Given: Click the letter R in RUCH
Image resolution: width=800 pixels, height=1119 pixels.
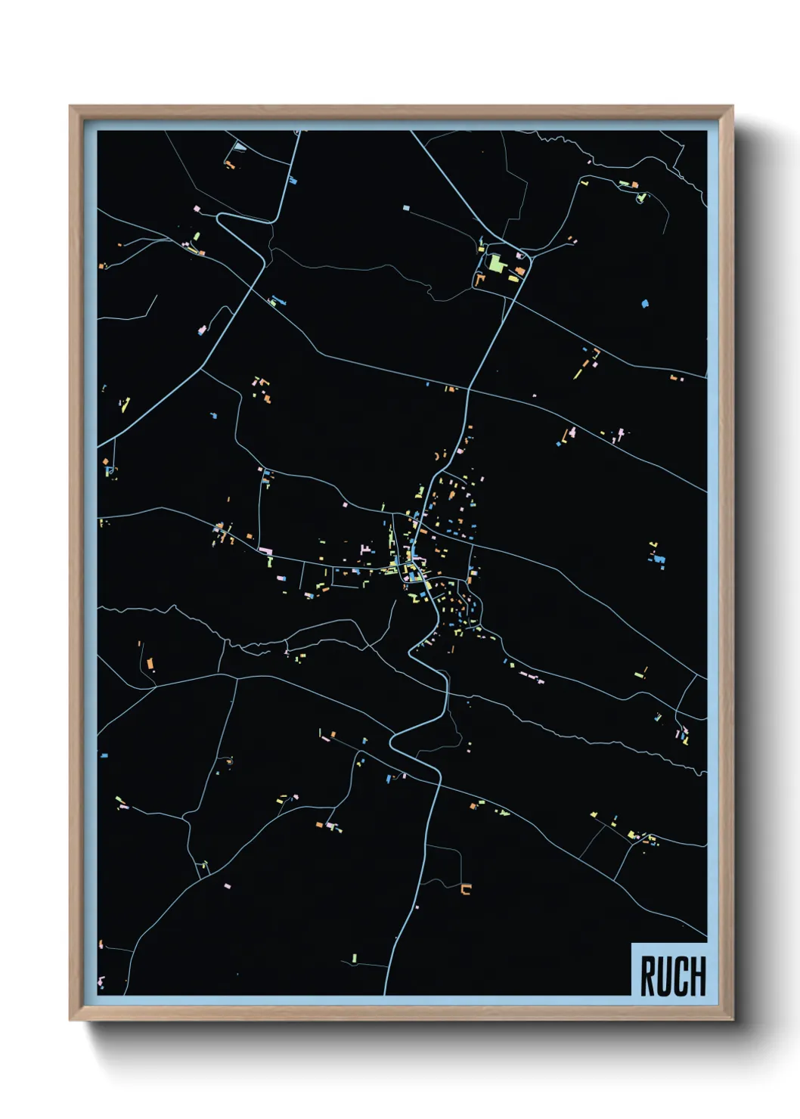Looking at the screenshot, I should pos(648,976).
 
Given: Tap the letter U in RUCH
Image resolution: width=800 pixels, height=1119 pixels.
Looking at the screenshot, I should pos(664,976).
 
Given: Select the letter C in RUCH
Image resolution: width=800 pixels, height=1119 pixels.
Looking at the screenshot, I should pos(680,976).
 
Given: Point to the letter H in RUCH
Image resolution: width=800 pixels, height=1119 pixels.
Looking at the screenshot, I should pos(696,976).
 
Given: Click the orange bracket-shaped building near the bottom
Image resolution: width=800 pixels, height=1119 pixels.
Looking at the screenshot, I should pos(466,889).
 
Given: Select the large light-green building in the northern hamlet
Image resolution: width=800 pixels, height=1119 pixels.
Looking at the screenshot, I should pos(495,263).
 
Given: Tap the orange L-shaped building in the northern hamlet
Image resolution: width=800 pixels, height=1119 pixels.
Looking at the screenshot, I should pos(479,279).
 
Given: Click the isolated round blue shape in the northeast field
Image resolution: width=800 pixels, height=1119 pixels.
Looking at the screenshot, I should pos(644,304).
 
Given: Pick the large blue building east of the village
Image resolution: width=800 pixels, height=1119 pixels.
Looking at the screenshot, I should pos(660,559).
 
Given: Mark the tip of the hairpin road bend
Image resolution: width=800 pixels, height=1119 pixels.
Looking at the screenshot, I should pos(219,218).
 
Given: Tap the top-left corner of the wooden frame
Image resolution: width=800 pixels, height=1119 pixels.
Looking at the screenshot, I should pos(70,107).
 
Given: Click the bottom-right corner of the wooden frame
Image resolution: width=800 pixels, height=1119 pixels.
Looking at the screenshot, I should pos(732,1019).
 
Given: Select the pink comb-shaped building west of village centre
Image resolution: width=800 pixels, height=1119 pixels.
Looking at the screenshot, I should pos(367,549).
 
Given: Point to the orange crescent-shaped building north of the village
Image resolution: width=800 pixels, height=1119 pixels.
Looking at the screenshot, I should pos(438,456).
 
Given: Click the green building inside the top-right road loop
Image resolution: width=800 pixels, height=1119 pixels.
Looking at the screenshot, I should pos(641,198).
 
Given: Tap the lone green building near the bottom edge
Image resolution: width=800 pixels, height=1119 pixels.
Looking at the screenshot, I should pos(355,959).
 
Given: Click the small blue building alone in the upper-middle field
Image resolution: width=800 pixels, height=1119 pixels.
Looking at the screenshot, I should pos(406,207).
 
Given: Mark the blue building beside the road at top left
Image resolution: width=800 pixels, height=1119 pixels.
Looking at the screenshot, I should pos(292,180).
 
